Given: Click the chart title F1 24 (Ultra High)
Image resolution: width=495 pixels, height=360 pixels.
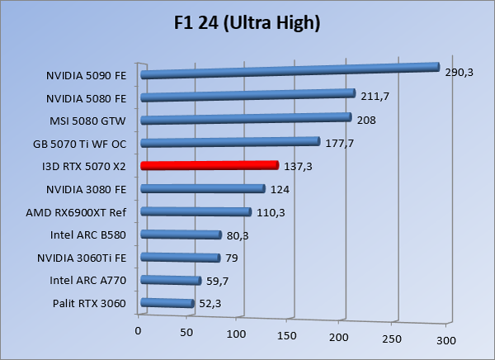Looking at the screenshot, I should click(247, 22).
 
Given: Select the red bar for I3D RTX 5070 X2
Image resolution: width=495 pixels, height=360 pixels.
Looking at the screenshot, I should click(210, 166).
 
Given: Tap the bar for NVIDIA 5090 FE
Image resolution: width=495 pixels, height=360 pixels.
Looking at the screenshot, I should click(289, 71).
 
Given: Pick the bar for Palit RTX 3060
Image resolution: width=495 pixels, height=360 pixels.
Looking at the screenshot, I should click(167, 304).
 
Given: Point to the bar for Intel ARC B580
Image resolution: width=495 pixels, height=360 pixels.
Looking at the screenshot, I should click(181, 234).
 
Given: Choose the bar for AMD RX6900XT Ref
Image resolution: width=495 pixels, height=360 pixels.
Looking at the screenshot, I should click(196, 212).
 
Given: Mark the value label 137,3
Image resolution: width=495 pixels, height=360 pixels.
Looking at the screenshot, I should click(300, 167).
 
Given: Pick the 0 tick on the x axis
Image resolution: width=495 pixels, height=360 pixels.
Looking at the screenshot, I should click(138, 330).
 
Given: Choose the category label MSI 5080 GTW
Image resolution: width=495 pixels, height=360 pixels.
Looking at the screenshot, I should click(89, 121).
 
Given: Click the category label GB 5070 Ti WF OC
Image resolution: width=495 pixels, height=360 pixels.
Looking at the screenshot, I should click(80, 144).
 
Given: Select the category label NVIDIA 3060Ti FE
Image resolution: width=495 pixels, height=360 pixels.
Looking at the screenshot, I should click(82, 258).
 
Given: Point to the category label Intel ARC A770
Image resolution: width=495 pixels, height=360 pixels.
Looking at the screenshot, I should click(88, 282).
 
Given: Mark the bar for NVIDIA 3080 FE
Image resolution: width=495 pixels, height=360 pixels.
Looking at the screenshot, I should click(203, 189).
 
